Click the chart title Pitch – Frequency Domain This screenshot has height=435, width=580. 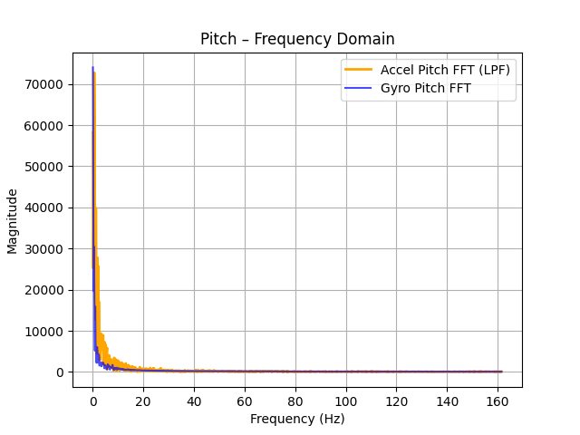tap(297, 40)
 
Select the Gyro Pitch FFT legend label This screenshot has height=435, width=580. tap(426, 88)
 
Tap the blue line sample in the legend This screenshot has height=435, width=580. tap(358, 88)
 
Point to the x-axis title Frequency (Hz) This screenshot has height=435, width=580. tap(297, 419)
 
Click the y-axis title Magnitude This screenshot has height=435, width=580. tap(13, 220)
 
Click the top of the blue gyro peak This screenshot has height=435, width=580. tap(92, 67)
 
